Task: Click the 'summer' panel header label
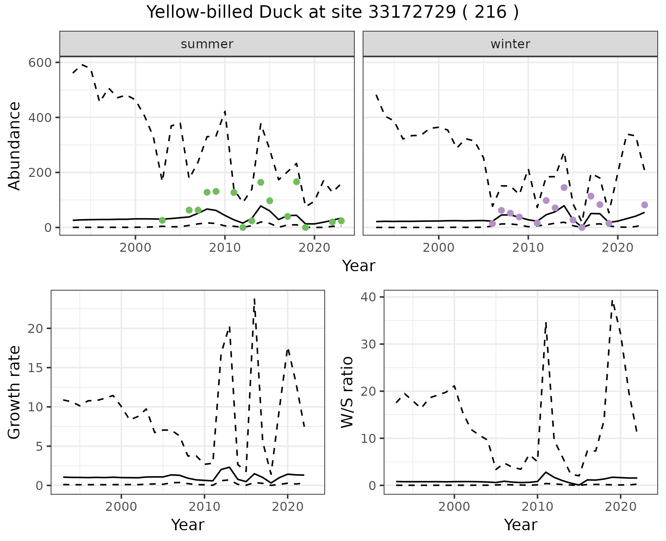pyautogui.click(x=207, y=44)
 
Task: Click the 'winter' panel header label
pyautogui.click(x=510, y=44)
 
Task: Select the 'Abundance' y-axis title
pyautogui.click(x=15, y=146)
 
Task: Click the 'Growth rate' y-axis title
pyautogui.click(x=15, y=392)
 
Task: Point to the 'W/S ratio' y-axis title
pyautogui.click(x=347, y=392)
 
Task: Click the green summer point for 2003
pyautogui.click(x=162, y=220)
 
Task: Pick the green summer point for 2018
pyautogui.click(x=296, y=182)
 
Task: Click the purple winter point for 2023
pyautogui.click(x=644, y=205)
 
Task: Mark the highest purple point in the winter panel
pyautogui.click(x=564, y=188)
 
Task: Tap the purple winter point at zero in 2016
pyautogui.click(x=582, y=227)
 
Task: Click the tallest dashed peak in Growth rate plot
pyautogui.click(x=254, y=299)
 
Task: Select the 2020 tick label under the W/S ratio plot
pyautogui.click(x=620, y=507)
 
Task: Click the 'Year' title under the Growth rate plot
pyautogui.click(x=188, y=525)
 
